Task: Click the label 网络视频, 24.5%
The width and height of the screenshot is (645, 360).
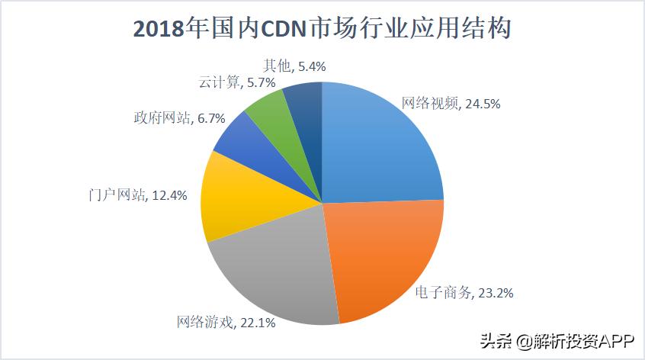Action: click(x=451, y=104)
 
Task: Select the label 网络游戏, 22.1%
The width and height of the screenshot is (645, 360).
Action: click(x=226, y=323)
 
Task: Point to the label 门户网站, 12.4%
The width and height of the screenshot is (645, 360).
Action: click(x=136, y=195)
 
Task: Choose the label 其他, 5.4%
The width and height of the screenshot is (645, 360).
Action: click(x=293, y=66)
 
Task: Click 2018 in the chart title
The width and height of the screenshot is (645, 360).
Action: click(x=161, y=30)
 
